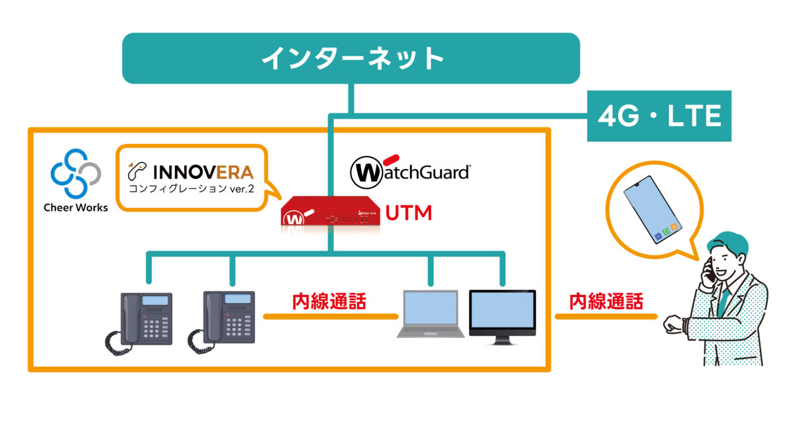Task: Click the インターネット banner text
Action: (352, 58)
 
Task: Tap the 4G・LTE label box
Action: (659, 117)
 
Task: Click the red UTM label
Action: (409, 213)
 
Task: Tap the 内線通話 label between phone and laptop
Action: (329, 302)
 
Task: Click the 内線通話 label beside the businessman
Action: (607, 302)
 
